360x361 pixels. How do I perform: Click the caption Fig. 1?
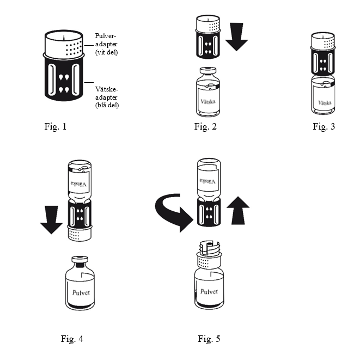[x=55, y=126]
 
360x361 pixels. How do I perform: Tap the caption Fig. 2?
[x=205, y=126]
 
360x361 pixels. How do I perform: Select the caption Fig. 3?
[x=324, y=126]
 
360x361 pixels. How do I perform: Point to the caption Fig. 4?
[x=72, y=339]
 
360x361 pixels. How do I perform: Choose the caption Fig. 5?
[x=209, y=339]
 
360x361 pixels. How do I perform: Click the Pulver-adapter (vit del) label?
[x=106, y=44]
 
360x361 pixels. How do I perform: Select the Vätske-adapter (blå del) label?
[x=107, y=97]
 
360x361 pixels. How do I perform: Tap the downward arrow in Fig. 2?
[x=236, y=37]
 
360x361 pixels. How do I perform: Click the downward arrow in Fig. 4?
[x=51, y=220]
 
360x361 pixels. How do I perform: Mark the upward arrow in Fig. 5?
[x=238, y=210]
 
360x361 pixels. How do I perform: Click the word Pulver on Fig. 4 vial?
[x=81, y=292]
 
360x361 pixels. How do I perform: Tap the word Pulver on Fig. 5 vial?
[x=209, y=292]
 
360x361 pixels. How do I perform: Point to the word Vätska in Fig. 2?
[x=208, y=101]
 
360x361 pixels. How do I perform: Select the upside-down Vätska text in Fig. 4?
[x=79, y=184]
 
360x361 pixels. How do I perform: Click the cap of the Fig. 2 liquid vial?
[x=208, y=70]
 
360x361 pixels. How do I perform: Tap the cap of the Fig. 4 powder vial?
[x=80, y=260]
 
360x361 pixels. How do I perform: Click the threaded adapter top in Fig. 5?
[x=209, y=248]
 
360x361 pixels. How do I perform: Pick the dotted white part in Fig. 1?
[x=64, y=43]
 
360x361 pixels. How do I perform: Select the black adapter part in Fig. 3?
[x=323, y=62]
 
